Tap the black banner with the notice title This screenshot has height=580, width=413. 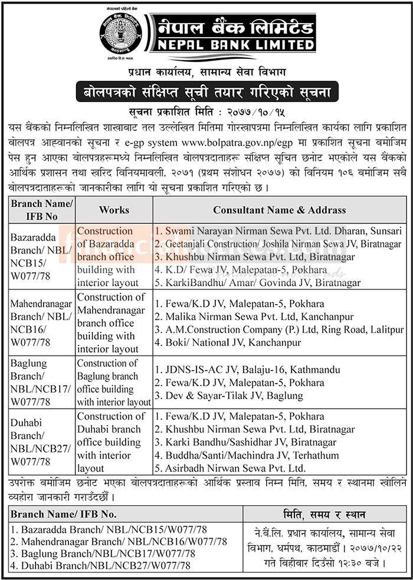point(206,92)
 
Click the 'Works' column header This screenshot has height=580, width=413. point(114,209)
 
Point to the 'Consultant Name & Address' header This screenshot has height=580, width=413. point(279,209)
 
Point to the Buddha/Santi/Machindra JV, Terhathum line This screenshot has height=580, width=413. point(254,454)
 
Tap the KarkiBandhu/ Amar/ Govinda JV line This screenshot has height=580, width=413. point(257,283)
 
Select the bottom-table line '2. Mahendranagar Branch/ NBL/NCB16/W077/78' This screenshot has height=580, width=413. point(117,541)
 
